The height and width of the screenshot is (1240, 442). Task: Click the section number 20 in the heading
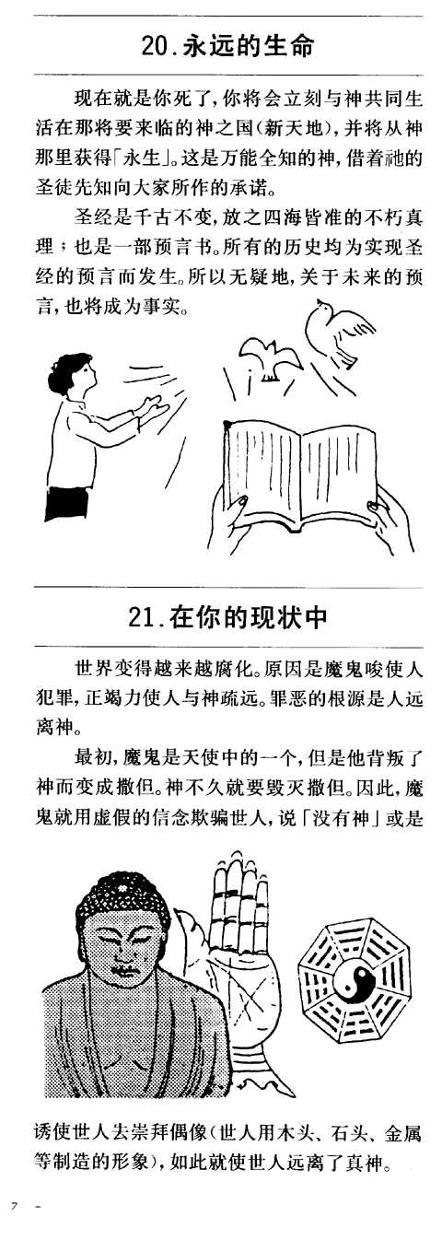click(x=154, y=46)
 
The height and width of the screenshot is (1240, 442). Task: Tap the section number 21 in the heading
click(x=139, y=617)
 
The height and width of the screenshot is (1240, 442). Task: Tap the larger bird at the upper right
click(x=331, y=331)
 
